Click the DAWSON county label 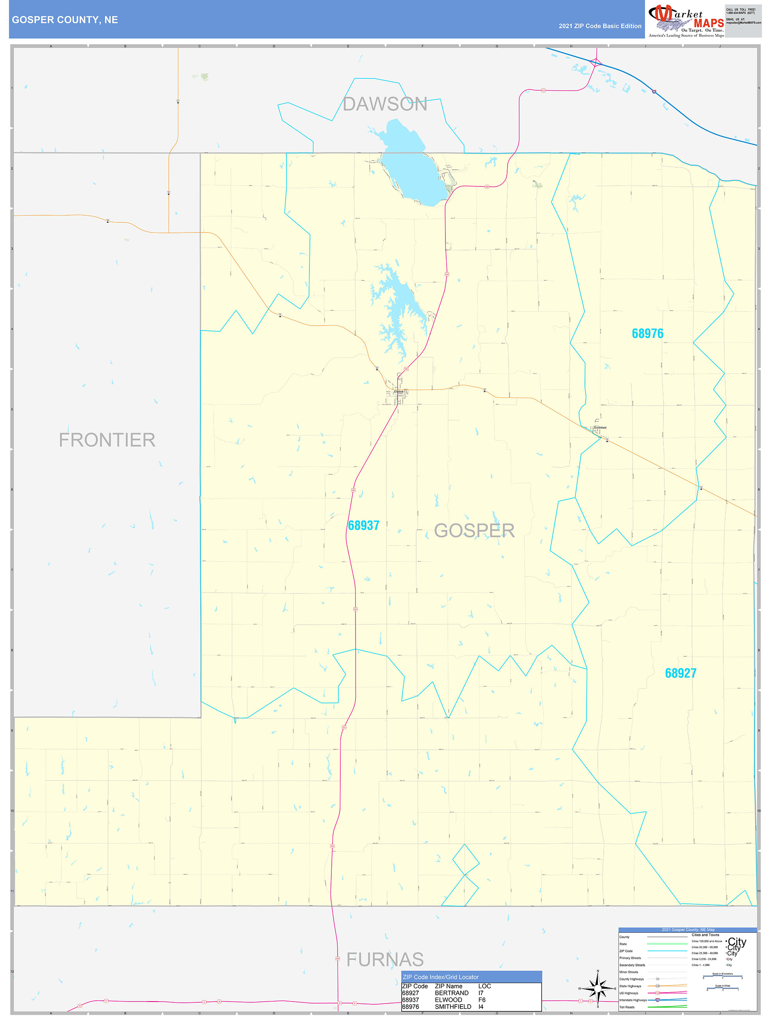click(385, 104)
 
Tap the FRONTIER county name click(107, 440)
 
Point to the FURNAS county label click(385, 959)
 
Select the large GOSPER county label click(474, 531)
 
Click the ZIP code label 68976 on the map click(647, 333)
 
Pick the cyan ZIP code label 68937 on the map click(363, 526)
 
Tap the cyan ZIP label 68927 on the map click(680, 673)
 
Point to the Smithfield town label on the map click(600, 428)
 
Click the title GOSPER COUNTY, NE click(65, 20)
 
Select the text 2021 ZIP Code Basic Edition click(600, 26)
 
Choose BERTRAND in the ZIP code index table click(451, 993)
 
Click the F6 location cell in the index click(482, 1000)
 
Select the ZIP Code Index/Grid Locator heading click(440, 977)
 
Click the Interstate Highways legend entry click(633, 1000)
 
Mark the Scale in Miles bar click(723, 989)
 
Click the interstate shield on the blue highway click(654, 92)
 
